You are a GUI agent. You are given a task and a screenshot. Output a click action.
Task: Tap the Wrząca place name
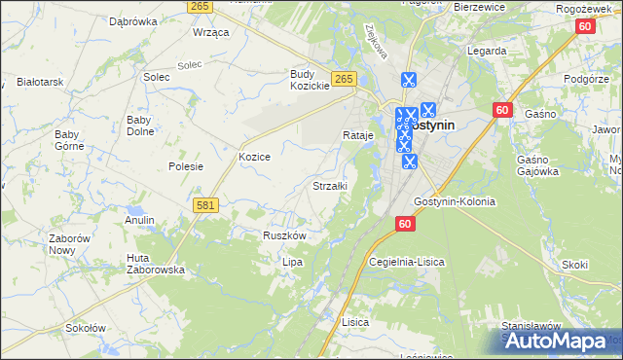211,32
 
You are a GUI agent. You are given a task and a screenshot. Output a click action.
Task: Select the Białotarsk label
40,83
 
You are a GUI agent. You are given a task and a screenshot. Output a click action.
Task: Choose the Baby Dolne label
145,126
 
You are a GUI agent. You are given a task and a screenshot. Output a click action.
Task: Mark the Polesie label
185,166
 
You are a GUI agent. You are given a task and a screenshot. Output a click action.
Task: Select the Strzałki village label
329,185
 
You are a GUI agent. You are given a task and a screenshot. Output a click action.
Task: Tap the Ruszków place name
285,235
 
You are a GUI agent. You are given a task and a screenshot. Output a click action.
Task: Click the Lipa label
292,263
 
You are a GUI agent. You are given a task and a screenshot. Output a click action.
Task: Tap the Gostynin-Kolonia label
455,201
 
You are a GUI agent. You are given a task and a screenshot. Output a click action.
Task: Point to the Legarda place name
487,51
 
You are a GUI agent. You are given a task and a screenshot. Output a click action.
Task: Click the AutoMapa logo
559,341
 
